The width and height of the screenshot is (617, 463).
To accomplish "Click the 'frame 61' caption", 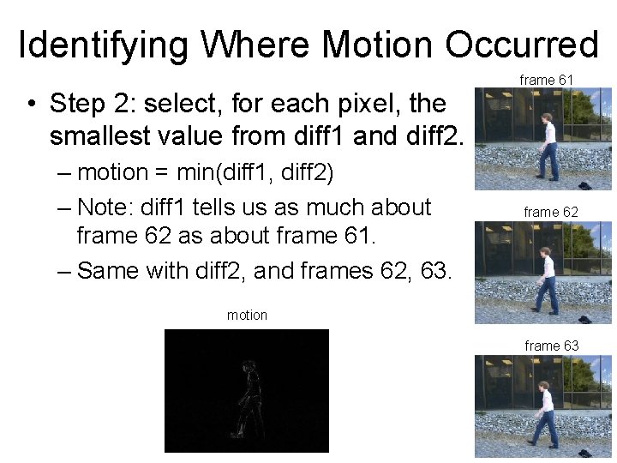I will (x=547, y=80).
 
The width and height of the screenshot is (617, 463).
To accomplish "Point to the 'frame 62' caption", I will (x=551, y=212).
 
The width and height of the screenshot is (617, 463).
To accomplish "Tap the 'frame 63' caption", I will (x=551, y=346).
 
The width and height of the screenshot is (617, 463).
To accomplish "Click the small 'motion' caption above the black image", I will (x=247, y=316).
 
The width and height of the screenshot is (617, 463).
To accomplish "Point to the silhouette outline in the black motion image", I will (x=249, y=399).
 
